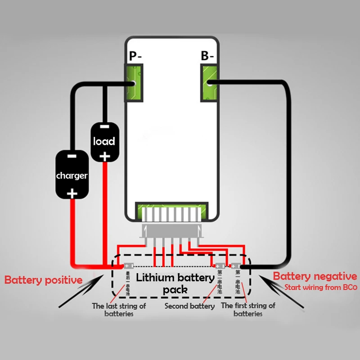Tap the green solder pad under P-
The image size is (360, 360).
(135, 83)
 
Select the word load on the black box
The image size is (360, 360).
(104, 141)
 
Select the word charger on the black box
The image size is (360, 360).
(72, 175)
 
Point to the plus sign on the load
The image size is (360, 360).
(104, 156)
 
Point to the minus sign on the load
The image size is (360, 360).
(104, 128)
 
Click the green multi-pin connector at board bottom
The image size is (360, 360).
(172, 212)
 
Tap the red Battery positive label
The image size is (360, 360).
(43, 280)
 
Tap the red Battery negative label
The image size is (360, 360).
(315, 276)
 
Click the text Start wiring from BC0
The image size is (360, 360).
(320, 288)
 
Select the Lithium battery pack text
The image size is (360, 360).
(175, 283)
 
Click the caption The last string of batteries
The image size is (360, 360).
(119, 310)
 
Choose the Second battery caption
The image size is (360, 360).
(189, 306)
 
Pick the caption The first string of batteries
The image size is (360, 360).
(248, 310)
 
